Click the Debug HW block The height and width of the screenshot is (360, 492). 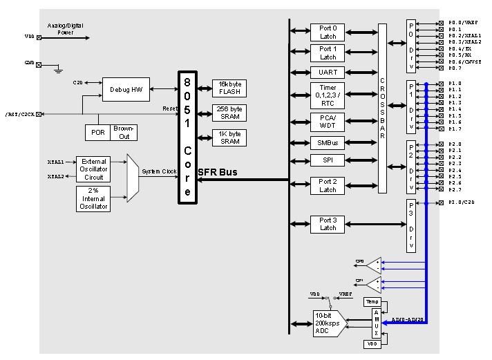pyautogui.click(x=126, y=89)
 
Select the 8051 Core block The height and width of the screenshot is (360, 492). pyautogui.click(x=187, y=136)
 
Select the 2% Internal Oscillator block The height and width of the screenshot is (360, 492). pyautogui.click(x=93, y=198)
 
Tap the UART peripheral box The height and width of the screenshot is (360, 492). pyautogui.click(x=328, y=72)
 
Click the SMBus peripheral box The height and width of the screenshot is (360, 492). pyautogui.click(x=328, y=142)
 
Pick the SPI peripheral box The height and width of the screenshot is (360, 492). pyautogui.click(x=328, y=160)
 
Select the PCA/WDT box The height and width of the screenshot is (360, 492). pyautogui.click(x=328, y=122)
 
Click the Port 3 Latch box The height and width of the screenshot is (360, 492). pyautogui.click(x=328, y=225)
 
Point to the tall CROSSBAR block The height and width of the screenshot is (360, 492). pyautogui.click(x=382, y=108)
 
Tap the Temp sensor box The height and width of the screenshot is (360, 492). pyautogui.click(x=372, y=302)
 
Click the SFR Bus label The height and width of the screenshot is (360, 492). pyautogui.click(x=219, y=172)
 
